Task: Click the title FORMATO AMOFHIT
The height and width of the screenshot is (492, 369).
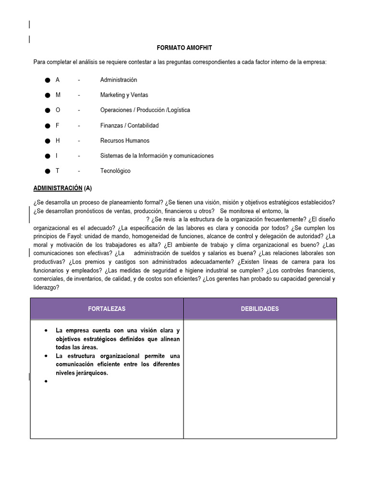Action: (184, 48)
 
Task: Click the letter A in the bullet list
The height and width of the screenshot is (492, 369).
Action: (58, 80)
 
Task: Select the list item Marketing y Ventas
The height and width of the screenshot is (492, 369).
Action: (124, 95)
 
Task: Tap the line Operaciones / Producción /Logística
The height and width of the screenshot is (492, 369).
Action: (145, 110)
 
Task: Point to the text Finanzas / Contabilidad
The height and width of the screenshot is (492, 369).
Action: (129, 125)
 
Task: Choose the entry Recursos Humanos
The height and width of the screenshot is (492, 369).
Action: (124, 141)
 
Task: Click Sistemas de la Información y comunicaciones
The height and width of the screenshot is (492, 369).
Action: (157, 156)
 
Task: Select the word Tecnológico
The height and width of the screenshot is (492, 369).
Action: (115, 171)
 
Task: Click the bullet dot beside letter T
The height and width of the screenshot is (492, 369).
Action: (48, 171)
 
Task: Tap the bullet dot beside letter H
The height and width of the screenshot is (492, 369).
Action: (48, 141)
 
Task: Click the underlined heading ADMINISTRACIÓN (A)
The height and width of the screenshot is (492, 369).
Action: (62, 188)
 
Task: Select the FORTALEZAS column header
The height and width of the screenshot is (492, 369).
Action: (107, 309)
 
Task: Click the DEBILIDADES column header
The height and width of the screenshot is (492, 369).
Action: (259, 309)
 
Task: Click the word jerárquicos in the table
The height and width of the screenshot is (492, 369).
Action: (91, 372)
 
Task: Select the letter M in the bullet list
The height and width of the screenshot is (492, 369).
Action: (58, 95)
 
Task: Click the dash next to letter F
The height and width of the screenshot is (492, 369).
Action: (79, 125)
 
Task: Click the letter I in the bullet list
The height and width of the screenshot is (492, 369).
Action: (57, 156)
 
